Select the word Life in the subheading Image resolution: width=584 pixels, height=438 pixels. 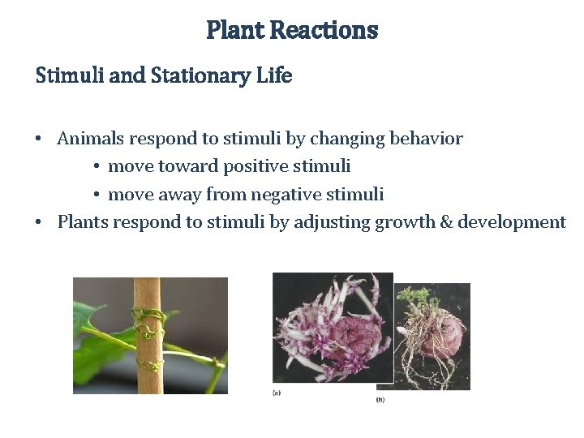[x=273, y=76]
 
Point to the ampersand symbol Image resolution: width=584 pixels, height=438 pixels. [x=446, y=222]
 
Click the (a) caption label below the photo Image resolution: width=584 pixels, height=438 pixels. [x=277, y=393]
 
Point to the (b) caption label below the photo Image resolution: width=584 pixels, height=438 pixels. [x=380, y=400]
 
